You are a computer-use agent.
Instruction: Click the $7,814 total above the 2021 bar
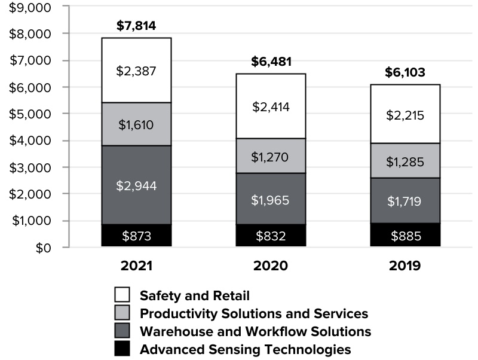coord(136,26)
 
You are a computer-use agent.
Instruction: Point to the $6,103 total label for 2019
coord(405,73)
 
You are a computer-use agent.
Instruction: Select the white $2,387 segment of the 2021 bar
coord(136,71)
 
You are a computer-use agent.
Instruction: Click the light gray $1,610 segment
coord(136,124)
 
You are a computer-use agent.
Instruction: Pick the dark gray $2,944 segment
coord(136,185)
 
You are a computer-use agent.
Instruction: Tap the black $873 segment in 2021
coord(136,236)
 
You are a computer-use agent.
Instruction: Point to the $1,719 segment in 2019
coord(405,201)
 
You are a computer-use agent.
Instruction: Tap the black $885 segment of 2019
coord(405,236)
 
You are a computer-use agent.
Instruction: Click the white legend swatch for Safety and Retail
coord(122,295)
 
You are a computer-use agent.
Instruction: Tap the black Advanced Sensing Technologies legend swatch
coord(122,349)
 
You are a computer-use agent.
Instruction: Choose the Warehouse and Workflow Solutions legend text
coord(255,331)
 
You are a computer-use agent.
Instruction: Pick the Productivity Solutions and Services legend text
coord(253,313)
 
